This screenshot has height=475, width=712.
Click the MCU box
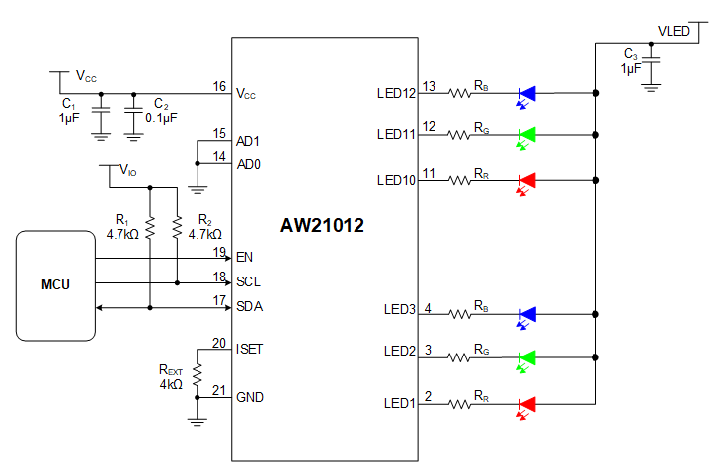(x=55, y=284)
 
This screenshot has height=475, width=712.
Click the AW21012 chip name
(x=322, y=226)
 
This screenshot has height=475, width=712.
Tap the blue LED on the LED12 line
(x=527, y=94)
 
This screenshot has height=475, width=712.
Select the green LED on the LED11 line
(x=527, y=133)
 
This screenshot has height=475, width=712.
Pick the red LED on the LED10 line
(x=527, y=180)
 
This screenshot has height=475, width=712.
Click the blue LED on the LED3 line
(x=527, y=314)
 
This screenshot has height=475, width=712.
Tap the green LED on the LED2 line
(x=527, y=357)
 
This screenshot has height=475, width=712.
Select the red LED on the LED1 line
(x=527, y=403)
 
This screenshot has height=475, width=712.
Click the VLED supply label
(x=673, y=32)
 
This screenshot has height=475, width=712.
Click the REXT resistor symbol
(x=198, y=373)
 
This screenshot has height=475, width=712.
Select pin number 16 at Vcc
(x=219, y=87)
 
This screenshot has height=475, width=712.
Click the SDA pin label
(x=249, y=306)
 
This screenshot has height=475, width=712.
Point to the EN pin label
(x=244, y=257)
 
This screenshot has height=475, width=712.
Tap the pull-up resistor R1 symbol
(x=150, y=228)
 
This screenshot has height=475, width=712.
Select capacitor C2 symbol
(x=133, y=118)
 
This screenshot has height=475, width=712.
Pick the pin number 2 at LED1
(x=428, y=396)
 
